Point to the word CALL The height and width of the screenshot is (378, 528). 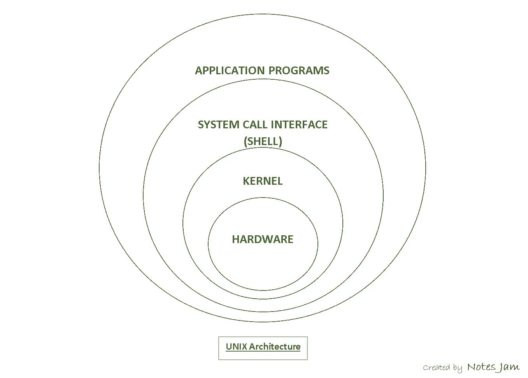click(x=255, y=125)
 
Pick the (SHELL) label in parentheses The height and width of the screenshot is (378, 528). click(x=263, y=141)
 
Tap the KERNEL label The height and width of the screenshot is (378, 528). click(x=263, y=181)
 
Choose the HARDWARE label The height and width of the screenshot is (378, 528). click(x=263, y=239)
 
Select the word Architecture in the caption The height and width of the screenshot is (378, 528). click(x=275, y=346)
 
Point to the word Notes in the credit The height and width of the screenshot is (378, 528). click(x=481, y=367)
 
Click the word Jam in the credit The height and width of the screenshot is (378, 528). click(x=509, y=367)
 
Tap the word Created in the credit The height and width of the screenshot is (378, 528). click(x=437, y=367)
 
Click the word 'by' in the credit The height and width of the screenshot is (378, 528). click(x=458, y=368)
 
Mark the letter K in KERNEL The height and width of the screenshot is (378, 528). click(x=246, y=181)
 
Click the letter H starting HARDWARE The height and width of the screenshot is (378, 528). click(x=235, y=239)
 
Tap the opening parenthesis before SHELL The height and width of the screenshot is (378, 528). click(x=245, y=141)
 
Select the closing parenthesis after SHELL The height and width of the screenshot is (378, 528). click(x=280, y=141)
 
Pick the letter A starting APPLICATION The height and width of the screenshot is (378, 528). click(x=198, y=71)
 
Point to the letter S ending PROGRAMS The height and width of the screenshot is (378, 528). click(x=326, y=71)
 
